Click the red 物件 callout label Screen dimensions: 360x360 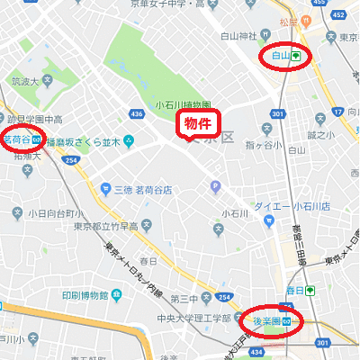[198, 122]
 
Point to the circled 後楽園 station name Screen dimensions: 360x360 [267, 320]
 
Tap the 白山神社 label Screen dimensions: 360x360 [239, 37]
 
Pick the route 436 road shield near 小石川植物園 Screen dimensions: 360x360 [137, 114]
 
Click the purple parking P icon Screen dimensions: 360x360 [215, 186]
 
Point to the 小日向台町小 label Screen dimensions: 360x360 [55, 213]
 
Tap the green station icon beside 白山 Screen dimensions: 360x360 [296, 56]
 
